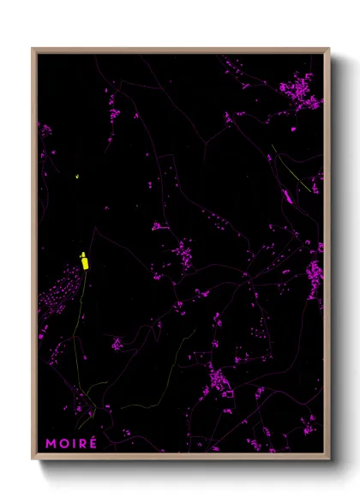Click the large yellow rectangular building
[x=85, y=261]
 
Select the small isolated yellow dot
[x=77, y=177]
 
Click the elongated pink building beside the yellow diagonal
[x=288, y=196]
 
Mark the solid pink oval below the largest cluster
[x=292, y=129]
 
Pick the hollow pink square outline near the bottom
[x=228, y=393]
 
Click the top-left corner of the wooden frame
[x=33, y=49]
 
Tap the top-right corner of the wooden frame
[x=329, y=49]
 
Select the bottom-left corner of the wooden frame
[x=33, y=459]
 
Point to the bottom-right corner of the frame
[x=329, y=459]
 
